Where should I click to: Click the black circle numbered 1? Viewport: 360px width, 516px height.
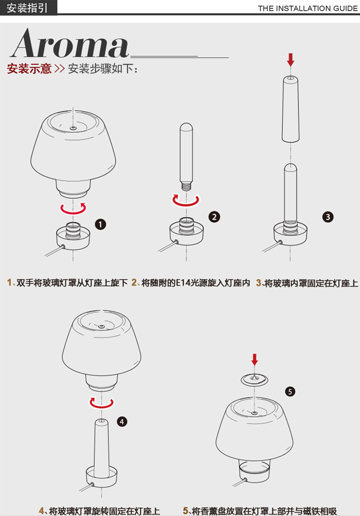[x=100, y=225]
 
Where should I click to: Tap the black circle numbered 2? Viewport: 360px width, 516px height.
[x=214, y=217]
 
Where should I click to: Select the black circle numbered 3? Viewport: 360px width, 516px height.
[x=328, y=217]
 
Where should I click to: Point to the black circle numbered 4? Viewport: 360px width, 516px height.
[x=122, y=422]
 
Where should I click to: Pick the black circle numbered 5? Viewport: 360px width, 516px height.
[x=290, y=392]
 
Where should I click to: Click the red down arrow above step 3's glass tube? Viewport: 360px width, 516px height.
[x=290, y=60]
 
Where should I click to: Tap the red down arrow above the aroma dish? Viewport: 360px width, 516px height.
[x=254, y=360]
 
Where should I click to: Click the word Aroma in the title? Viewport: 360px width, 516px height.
[x=70, y=43]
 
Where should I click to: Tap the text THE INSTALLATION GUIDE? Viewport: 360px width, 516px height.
[x=308, y=8]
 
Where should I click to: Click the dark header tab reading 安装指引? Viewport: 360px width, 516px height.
[x=28, y=8]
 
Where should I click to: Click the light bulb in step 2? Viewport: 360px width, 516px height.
[x=186, y=157]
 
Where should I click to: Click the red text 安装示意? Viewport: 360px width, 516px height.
[x=29, y=68]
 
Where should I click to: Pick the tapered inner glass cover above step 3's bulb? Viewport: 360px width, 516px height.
[x=290, y=108]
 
